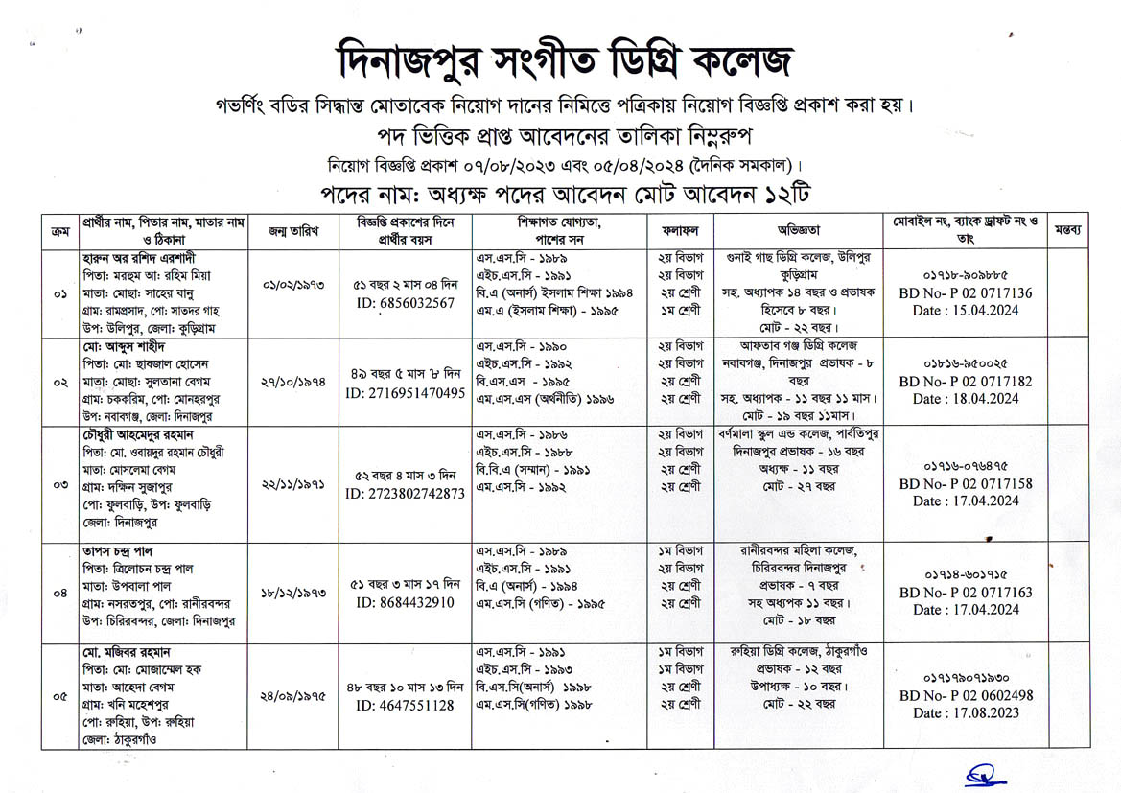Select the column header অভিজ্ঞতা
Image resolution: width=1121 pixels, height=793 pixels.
[798, 231]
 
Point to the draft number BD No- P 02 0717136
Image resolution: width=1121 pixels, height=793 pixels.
[966, 293]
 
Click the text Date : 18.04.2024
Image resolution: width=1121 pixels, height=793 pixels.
[966, 399]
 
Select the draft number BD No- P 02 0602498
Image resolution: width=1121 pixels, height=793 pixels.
[966, 696]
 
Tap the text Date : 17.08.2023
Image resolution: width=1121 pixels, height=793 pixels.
[966, 713]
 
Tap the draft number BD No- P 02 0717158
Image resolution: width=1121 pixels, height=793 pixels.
[966, 484]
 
